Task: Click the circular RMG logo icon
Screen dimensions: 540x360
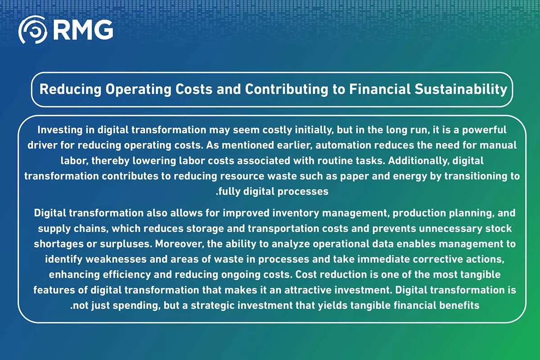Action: tap(33, 30)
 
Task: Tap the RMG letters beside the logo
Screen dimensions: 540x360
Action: tap(83, 30)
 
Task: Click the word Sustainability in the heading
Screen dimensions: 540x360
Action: tap(461, 90)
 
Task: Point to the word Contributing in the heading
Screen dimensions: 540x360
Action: tap(286, 90)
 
